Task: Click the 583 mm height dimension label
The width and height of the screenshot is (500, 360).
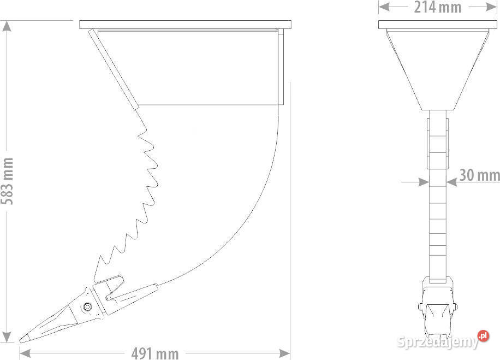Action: pyautogui.click(x=7, y=181)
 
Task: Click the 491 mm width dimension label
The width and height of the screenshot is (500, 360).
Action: pyautogui.click(x=155, y=353)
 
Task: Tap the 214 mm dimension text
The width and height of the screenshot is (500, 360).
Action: pyautogui.click(x=438, y=7)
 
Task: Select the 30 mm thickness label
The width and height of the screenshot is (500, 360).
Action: pyautogui.click(x=479, y=175)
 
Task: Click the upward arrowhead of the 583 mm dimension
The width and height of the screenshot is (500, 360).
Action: pyautogui.click(x=7, y=26)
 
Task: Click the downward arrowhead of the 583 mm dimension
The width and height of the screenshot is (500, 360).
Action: pyautogui.click(x=7, y=337)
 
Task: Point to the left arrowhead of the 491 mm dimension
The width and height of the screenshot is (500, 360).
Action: pyautogui.click(x=25, y=353)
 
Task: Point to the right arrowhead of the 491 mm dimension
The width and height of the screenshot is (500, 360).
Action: pyautogui.click(x=284, y=353)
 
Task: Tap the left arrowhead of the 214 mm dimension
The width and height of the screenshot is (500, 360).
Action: pyautogui.click(x=384, y=7)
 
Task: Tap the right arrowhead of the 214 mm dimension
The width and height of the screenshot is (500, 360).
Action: pyautogui.click(x=491, y=7)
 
